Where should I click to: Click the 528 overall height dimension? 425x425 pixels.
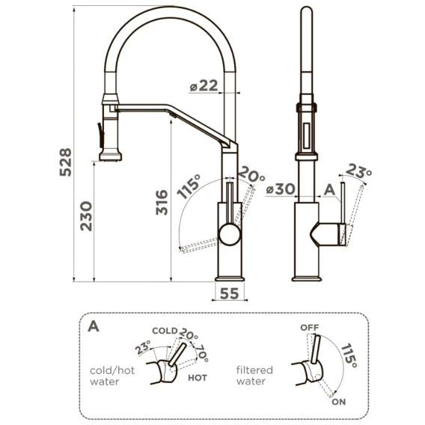click(66, 162)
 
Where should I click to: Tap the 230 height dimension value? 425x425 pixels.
click(86, 216)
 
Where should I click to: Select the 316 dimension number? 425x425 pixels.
click(162, 203)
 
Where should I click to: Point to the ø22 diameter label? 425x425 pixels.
click(204, 86)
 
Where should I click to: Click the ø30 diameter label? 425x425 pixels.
click(281, 189)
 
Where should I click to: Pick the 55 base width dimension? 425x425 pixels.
click(229, 293)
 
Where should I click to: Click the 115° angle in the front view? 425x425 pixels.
click(189, 186)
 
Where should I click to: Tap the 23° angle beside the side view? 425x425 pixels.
click(358, 171)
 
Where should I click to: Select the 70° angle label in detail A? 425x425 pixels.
click(202, 353)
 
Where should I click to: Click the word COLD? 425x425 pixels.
click(165, 331)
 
